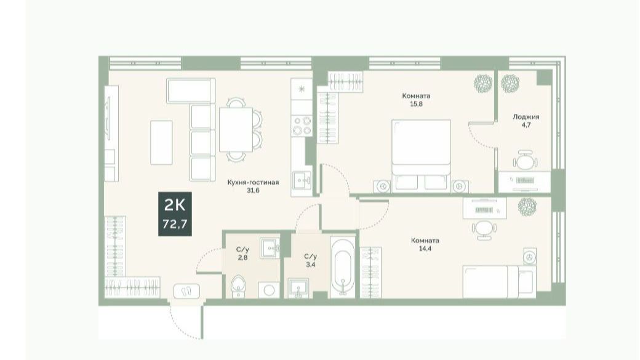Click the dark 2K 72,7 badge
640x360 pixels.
click(175, 214)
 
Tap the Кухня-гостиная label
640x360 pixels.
click(253, 182)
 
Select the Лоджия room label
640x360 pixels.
click(526, 117)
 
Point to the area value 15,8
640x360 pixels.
click(417, 103)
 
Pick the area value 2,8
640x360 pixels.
click(242, 257)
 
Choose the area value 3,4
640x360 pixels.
click(310, 265)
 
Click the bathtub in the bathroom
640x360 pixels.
click(342, 266)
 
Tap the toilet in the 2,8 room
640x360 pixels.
click(238, 286)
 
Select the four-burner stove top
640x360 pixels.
click(302, 126)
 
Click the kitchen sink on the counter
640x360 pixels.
click(302, 179)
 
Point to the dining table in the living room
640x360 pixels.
click(236, 129)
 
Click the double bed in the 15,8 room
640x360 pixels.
click(421, 156)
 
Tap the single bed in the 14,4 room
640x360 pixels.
click(499, 282)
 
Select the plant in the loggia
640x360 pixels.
click(510, 83)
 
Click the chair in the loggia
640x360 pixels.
click(526, 160)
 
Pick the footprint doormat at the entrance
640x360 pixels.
click(186, 291)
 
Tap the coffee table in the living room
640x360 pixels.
click(161, 142)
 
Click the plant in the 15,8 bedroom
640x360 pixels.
click(483, 83)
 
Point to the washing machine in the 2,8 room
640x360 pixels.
click(268, 289)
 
